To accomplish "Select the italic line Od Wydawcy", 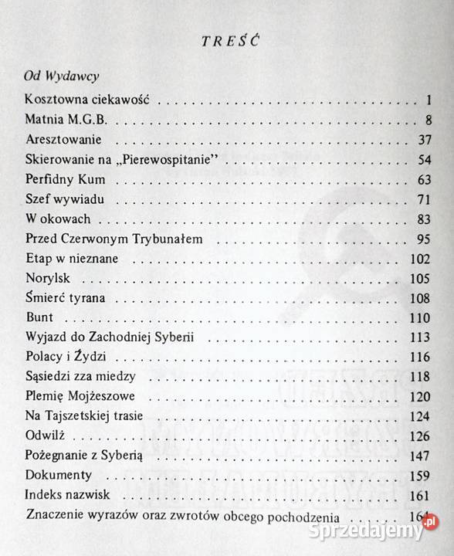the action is tap(59, 77).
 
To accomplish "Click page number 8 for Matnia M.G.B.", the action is tap(429, 120).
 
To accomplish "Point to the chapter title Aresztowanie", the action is tap(64, 140).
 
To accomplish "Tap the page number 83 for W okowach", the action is tap(424, 219).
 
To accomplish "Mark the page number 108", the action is tap(420, 298).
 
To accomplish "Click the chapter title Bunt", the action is tap(38, 317).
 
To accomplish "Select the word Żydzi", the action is tap(107, 357).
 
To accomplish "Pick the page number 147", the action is tap(420, 456).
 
